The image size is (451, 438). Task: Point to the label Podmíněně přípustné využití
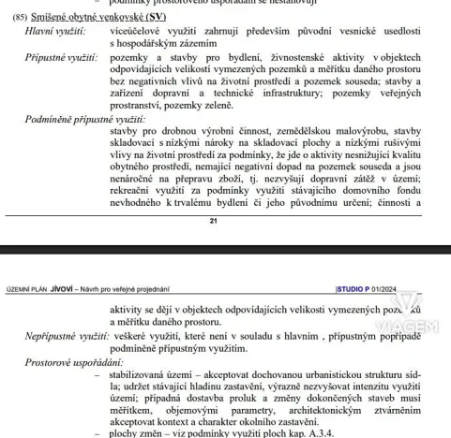(x=83, y=120)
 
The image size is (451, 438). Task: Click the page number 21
(x=214, y=220)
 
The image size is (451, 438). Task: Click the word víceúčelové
(x=138, y=31)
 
